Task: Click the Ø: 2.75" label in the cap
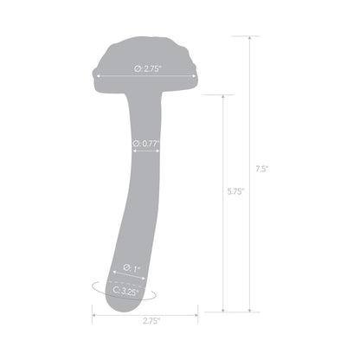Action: (144, 66)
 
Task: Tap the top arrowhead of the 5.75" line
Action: (225, 96)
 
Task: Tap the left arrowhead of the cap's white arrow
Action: (98, 75)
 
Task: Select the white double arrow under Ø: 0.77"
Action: (145, 152)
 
